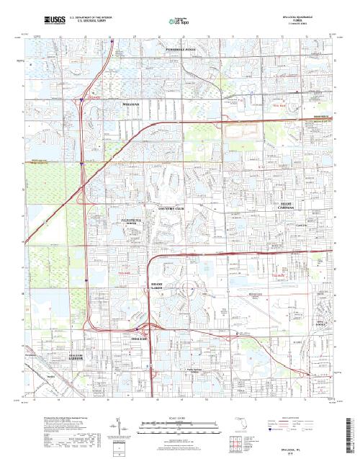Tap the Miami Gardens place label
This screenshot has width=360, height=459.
[296, 205]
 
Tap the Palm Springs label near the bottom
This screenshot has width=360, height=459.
[196, 372]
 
